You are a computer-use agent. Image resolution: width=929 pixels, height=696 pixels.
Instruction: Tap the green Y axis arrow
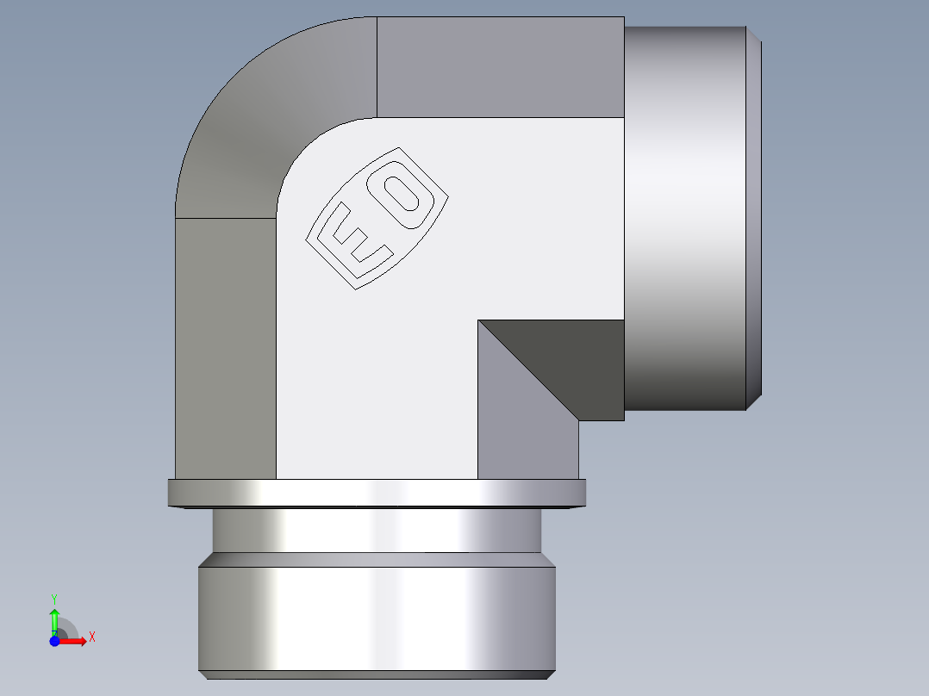point(54,618)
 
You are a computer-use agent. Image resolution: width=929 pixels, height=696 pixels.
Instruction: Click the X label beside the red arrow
point(91,637)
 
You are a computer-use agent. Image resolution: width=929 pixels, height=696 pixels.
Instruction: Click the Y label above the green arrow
point(54,598)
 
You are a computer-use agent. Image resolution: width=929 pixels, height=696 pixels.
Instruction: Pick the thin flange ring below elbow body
point(377,493)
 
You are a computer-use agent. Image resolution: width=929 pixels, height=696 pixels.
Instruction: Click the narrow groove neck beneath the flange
point(377,530)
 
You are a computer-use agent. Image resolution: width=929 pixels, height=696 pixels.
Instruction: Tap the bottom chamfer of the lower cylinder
point(377,674)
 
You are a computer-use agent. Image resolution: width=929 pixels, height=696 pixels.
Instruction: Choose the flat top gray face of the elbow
point(500,66)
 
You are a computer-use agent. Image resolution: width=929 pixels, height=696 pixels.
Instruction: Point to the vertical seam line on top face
point(377,66)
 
